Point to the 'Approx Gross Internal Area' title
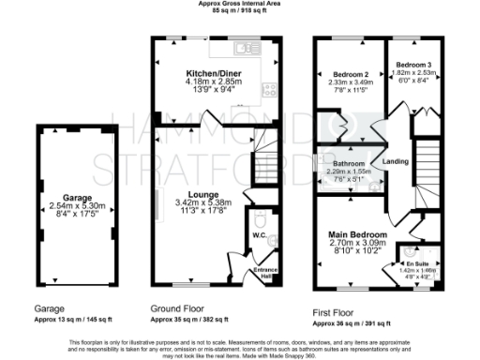240,4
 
